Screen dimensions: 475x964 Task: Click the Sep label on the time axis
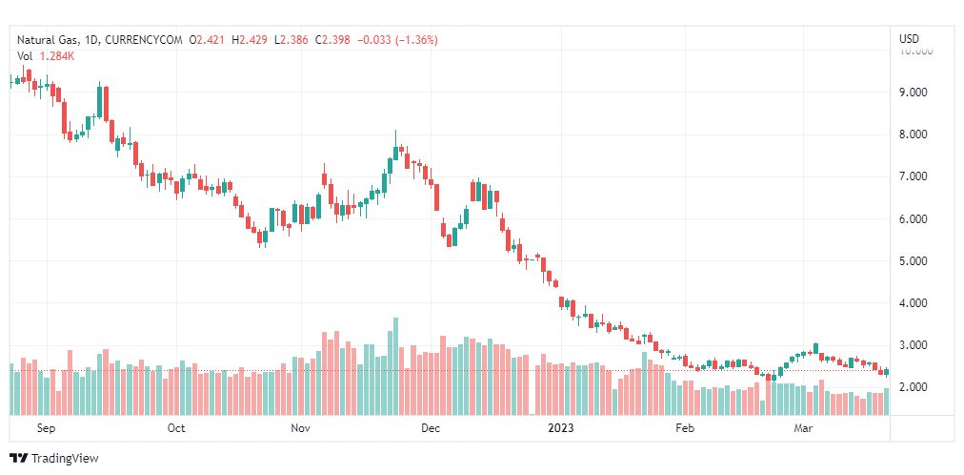[47, 428]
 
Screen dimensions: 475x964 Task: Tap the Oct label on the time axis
[176, 428]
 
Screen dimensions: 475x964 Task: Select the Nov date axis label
[301, 428]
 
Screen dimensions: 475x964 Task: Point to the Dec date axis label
[430, 428]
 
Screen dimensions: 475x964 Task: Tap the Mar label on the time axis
[803, 428]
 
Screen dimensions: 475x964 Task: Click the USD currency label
[909, 39]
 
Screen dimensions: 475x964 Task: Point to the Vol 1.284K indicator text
[46, 55]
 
